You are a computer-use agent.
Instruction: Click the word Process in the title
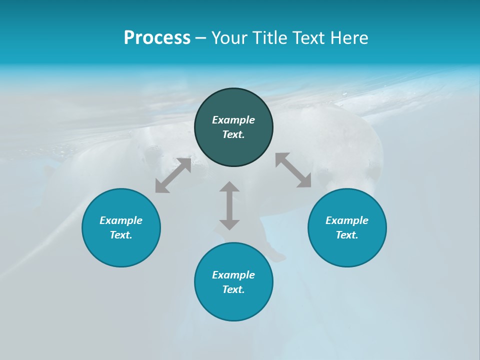157,38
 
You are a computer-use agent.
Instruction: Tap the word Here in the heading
348,38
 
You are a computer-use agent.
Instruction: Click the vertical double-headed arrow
229,205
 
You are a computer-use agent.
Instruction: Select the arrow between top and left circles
173,175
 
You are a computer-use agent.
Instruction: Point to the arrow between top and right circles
293,170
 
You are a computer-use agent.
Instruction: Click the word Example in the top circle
233,120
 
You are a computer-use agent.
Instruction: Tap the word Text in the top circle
233,134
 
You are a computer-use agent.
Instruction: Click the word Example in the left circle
121,220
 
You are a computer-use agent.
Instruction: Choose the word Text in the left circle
121,235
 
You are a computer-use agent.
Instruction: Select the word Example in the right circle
347,220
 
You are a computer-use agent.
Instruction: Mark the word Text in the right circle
347,235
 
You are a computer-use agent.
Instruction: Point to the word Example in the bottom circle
233,275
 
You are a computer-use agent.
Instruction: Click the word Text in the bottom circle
233,289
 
